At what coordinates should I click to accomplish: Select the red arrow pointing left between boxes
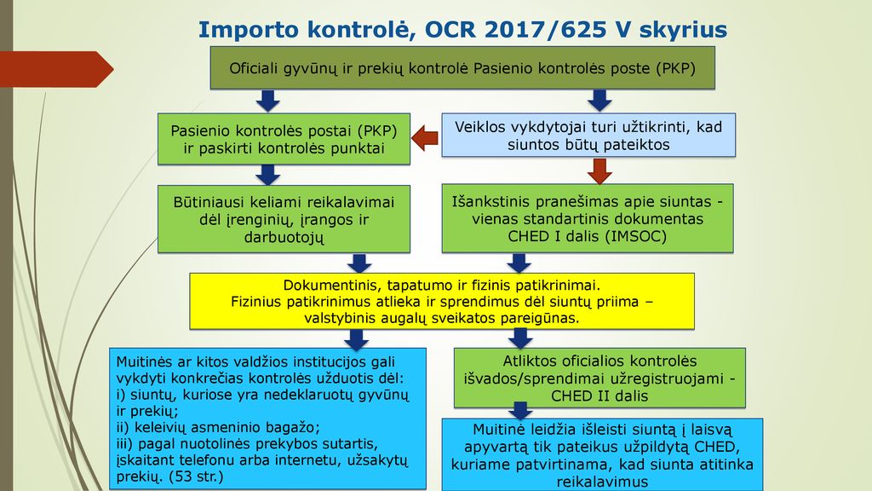[425, 138]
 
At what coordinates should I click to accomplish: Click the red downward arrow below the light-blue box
[599, 170]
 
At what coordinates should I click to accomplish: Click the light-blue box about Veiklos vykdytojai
[588, 136]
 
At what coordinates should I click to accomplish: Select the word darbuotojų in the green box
[284, 238]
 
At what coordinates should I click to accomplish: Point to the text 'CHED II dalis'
[599, 396]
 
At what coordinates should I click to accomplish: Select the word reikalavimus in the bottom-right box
[602, 482]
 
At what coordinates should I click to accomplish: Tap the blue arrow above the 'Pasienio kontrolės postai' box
[268, 101]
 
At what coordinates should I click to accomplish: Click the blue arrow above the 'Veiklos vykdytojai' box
[599, 101]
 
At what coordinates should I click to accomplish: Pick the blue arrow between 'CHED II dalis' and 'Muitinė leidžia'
[521, 411]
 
